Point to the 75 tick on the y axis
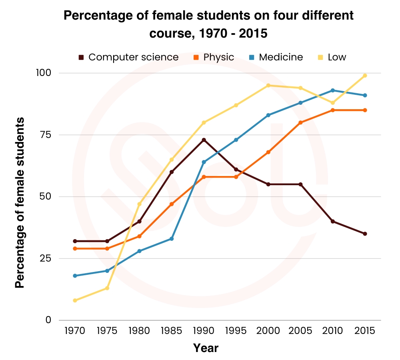(46, 135)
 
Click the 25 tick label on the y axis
(46, 258)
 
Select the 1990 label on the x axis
(204, 331)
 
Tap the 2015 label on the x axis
(365, 331)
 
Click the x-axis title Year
(206, 348)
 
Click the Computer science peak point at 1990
(204, 140)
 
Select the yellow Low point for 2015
(365, 76)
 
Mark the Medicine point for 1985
(172, 239)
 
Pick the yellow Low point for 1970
(75, 300)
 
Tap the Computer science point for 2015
(365, 234)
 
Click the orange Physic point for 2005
(300, 122)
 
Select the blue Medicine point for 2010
(332, 90)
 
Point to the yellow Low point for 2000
(268, 85)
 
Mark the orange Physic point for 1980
(139, 236)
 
